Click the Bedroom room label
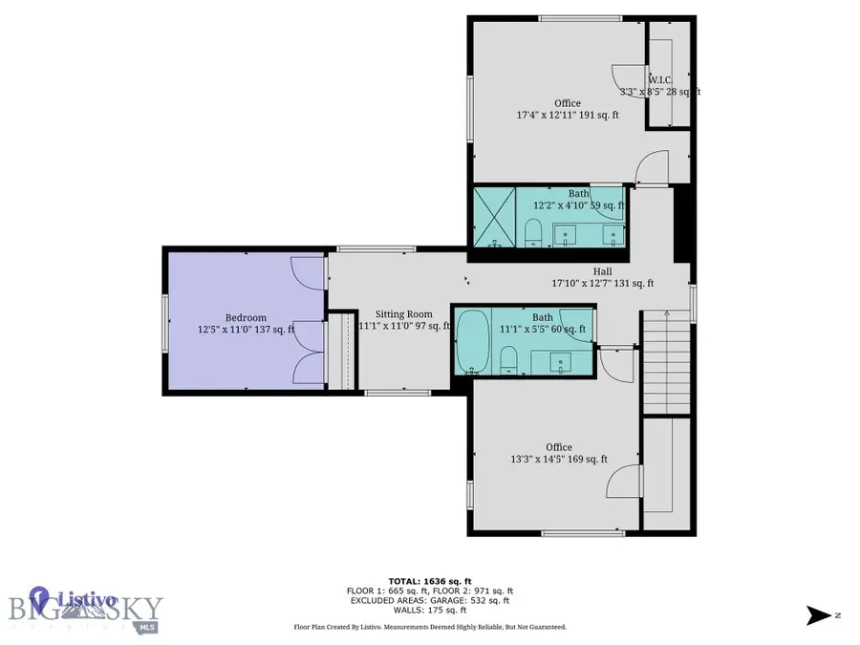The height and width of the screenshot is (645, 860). (x=246, y=318)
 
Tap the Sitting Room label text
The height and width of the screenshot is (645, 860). (x=403, y=313)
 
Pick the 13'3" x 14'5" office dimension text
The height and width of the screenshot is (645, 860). (x=559, y=459)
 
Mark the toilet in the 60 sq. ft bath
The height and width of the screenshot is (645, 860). (x=509, y=357)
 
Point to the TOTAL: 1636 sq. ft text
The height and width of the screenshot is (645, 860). (x=429, y=580)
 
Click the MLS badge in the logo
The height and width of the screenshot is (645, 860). (x=146, y=627)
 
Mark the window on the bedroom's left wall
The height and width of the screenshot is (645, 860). (x=165, y=318)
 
